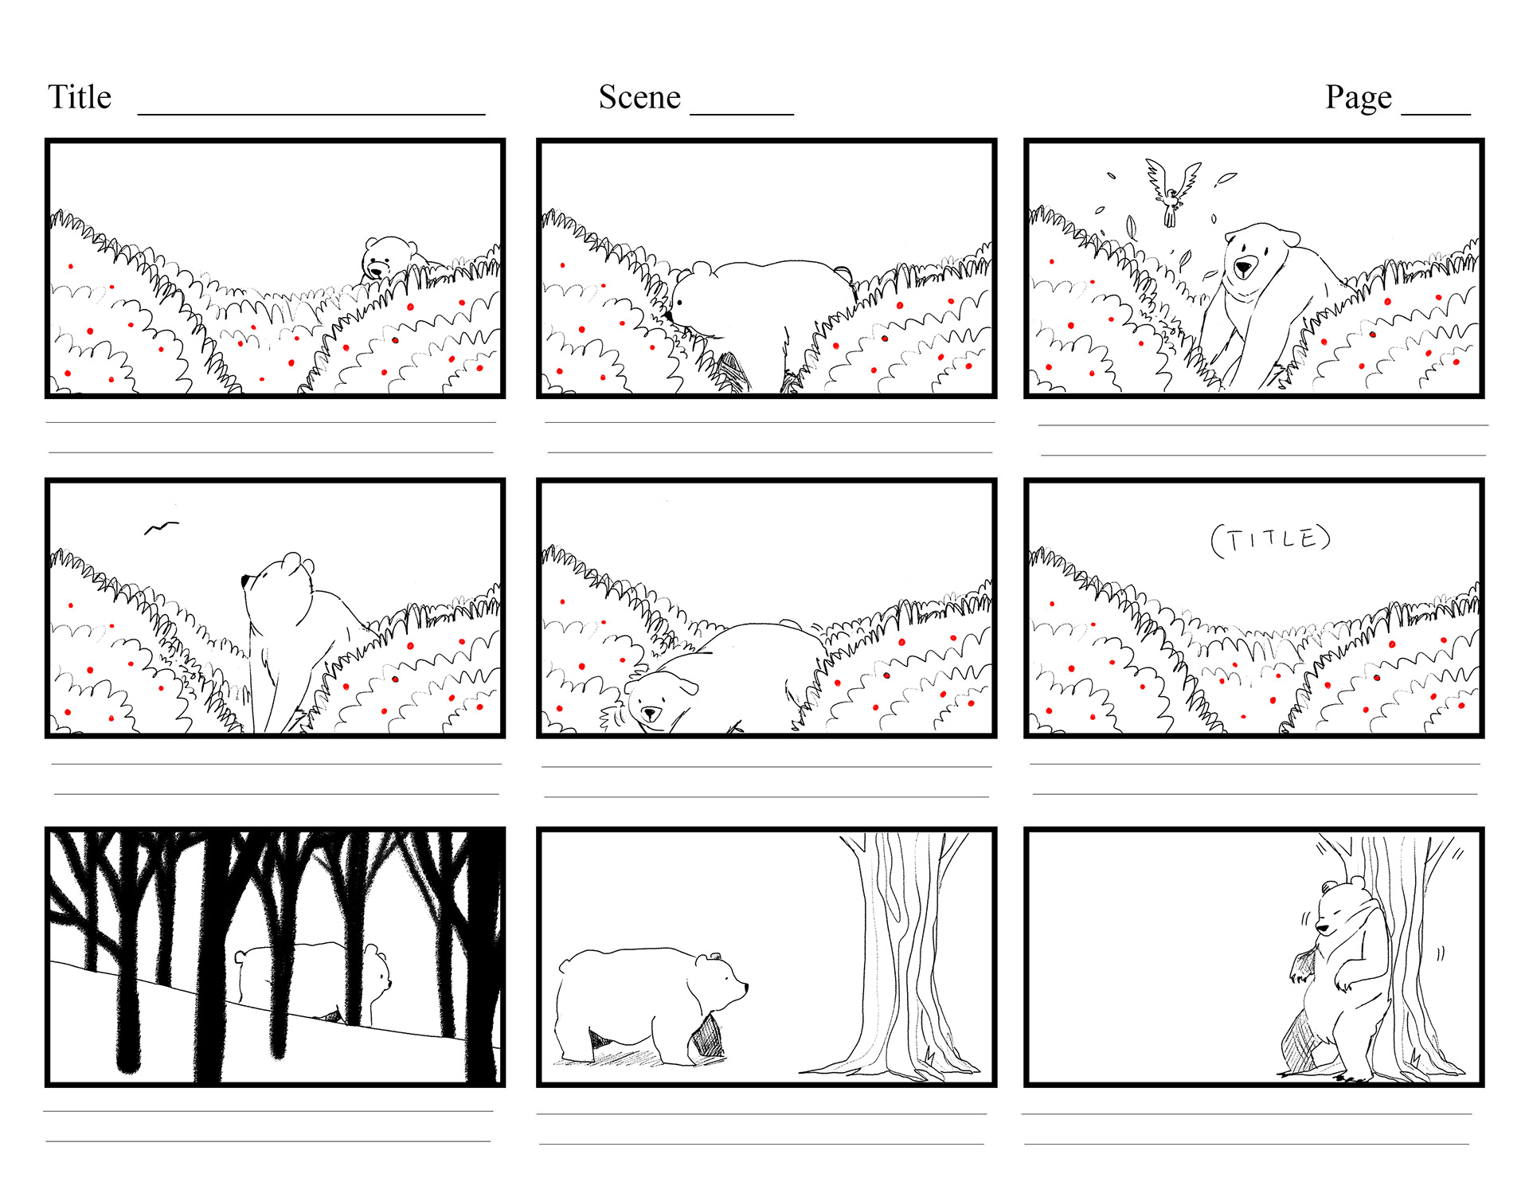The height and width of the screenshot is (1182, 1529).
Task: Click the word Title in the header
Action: click(80, 97)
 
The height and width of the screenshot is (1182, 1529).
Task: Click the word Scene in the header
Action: click(639, 97)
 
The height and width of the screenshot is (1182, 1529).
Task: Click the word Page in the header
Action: click(1359, 98)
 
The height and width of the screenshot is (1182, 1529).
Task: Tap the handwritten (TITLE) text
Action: click(1270, 540)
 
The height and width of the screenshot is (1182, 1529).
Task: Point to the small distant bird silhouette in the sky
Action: click(161, 527)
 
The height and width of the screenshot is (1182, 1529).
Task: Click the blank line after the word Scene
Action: click(742, 115)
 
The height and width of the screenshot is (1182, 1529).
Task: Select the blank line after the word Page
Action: click(1436, 115)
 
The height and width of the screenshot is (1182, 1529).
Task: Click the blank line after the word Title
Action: click(311, 115)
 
